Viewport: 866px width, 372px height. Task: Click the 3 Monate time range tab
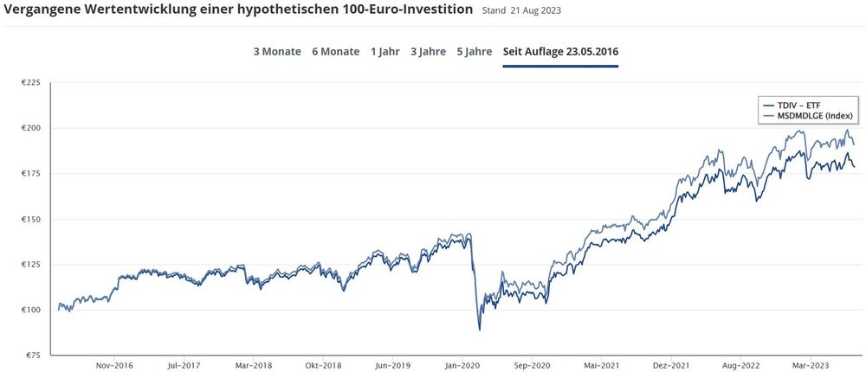click(277, 51)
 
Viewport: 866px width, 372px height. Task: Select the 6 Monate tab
click(335, 51)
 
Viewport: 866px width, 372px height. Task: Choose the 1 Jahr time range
click(385, 51)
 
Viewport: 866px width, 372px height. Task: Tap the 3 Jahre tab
click(428, 51)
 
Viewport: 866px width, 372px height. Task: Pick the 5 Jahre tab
click(475, 51)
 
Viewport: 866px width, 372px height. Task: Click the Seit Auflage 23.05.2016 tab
click(560, 51)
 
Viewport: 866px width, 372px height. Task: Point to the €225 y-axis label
click(31, 83)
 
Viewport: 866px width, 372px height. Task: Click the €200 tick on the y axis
click(31, 128)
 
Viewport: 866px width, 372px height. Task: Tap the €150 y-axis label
click(31, 219)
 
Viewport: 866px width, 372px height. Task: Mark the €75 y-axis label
click(33, 355)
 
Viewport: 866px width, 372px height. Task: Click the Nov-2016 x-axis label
click(114, 365)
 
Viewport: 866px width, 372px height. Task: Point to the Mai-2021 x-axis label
click(601, 365)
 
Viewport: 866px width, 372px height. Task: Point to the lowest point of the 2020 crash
click(479, 330)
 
